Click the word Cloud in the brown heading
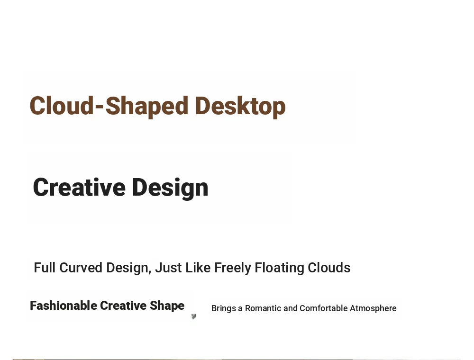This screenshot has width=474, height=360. [62, 106]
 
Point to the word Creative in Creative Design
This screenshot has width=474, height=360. [79, 187]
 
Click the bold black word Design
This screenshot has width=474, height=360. [170, 189]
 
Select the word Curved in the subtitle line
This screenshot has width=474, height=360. [81, 268]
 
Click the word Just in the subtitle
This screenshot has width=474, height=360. [168, 268]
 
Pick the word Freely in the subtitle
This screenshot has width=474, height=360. [233, 268]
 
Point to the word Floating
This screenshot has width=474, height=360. [279, 268]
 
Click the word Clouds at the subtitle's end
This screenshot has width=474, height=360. [329, 268]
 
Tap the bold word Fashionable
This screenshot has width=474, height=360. [63, 306]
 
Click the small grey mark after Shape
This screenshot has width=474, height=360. [194, 316]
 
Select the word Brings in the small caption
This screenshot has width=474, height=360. [224, 309]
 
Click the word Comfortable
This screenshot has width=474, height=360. [323, 308]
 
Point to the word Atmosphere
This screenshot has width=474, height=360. [373, 309]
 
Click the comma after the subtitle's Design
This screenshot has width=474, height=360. [150, 272]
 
